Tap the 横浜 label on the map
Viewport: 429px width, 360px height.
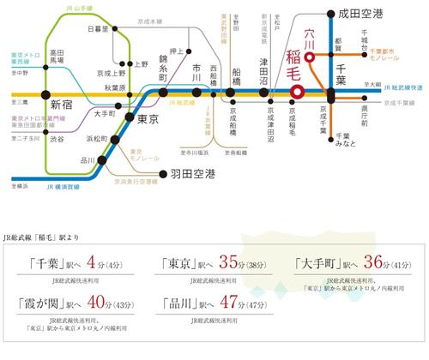tap(16, 184)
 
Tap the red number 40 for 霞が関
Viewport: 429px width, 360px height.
tap(75, 305)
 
